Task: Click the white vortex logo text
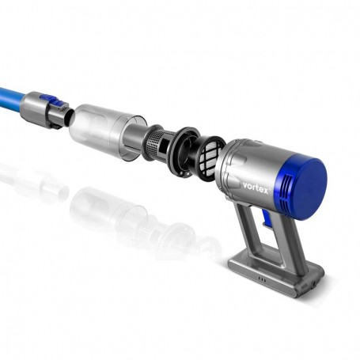click(256, 188)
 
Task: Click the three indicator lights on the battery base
click(262, 279)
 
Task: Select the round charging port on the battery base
click(314, 284)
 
